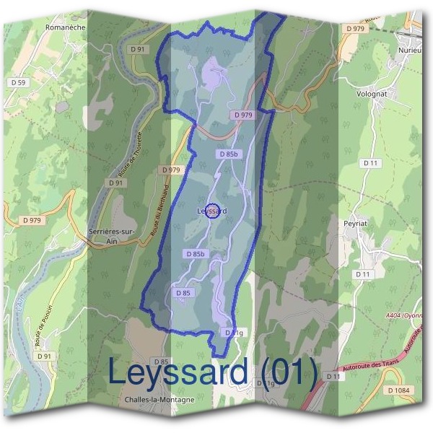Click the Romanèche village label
[x=66, y=27]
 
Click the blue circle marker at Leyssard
[x=213, y=210]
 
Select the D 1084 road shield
[x=398, y=390]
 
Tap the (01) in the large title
[x=290, y=372]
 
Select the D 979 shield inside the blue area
[x=244, y=115]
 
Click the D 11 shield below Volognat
[x=371, y=164]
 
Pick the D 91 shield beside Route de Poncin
[x=45, y=356]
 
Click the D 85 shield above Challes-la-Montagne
[x=161, y=362]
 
